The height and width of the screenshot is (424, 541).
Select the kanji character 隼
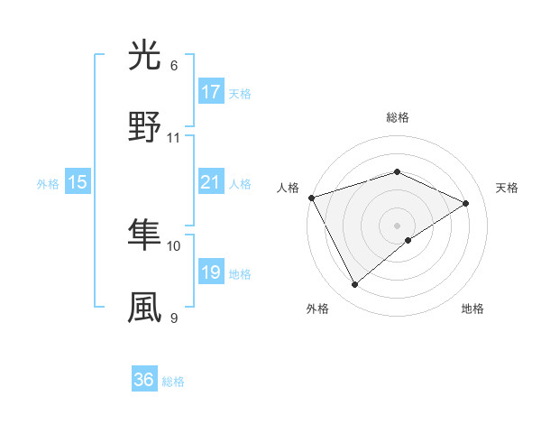tap(144, 235)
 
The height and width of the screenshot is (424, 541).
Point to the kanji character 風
tap(144, 307)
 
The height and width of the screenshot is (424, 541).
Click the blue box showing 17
tap(211, 92)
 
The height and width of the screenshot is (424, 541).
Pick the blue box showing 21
tap(211, 182)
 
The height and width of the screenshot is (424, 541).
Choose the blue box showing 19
tap(211, 272)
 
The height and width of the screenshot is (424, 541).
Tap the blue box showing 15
tap(78, 182)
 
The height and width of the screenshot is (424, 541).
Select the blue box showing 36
tap(144, 380)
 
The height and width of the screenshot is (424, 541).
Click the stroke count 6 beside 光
tap(173, 66)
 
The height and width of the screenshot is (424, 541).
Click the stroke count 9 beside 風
tap(173, 318)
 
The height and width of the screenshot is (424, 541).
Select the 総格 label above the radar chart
tap(397, 117)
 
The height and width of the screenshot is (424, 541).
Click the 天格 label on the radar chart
tap(507, 188)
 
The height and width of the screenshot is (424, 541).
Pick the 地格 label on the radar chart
tap(472, 309)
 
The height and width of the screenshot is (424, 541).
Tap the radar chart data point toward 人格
tap(310, 198)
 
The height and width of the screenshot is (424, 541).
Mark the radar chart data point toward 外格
tap(354, 285)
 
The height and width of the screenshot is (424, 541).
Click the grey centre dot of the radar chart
tap(397, 225)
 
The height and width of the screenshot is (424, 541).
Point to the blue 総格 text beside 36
tap(173, 381)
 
